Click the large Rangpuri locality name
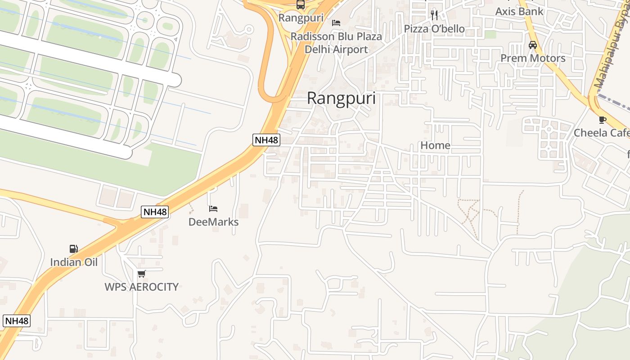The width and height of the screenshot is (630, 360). tap(341, 99)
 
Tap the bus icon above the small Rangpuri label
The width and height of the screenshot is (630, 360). tap(300, 5)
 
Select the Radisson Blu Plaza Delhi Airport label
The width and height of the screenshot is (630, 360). tap(336, 43)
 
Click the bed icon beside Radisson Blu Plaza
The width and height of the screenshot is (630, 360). tap(336, 23)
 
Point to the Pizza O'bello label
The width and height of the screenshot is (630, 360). tap(434, 29)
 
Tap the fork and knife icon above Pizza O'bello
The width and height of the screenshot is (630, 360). tap(434, 15)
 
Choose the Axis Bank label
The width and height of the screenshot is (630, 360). tap(519, 11)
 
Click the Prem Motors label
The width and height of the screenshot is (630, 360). tap(533, 58)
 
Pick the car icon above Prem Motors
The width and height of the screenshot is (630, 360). tap(533, 45)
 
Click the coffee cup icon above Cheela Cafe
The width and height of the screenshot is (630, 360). tap(602, 120)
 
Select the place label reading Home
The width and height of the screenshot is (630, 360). tap(435, 145)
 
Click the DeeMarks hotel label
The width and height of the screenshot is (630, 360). tap(213, 222)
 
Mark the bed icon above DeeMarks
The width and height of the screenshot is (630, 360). tap(213, 209)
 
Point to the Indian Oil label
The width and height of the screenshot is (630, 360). tap(74, 262)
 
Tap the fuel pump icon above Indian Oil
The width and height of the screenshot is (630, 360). tap(73, 248)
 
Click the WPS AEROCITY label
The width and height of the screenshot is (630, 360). tap(142, 287)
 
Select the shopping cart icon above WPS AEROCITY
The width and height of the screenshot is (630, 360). tap(142, 274)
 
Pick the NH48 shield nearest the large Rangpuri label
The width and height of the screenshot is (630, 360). tap(266, 140)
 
